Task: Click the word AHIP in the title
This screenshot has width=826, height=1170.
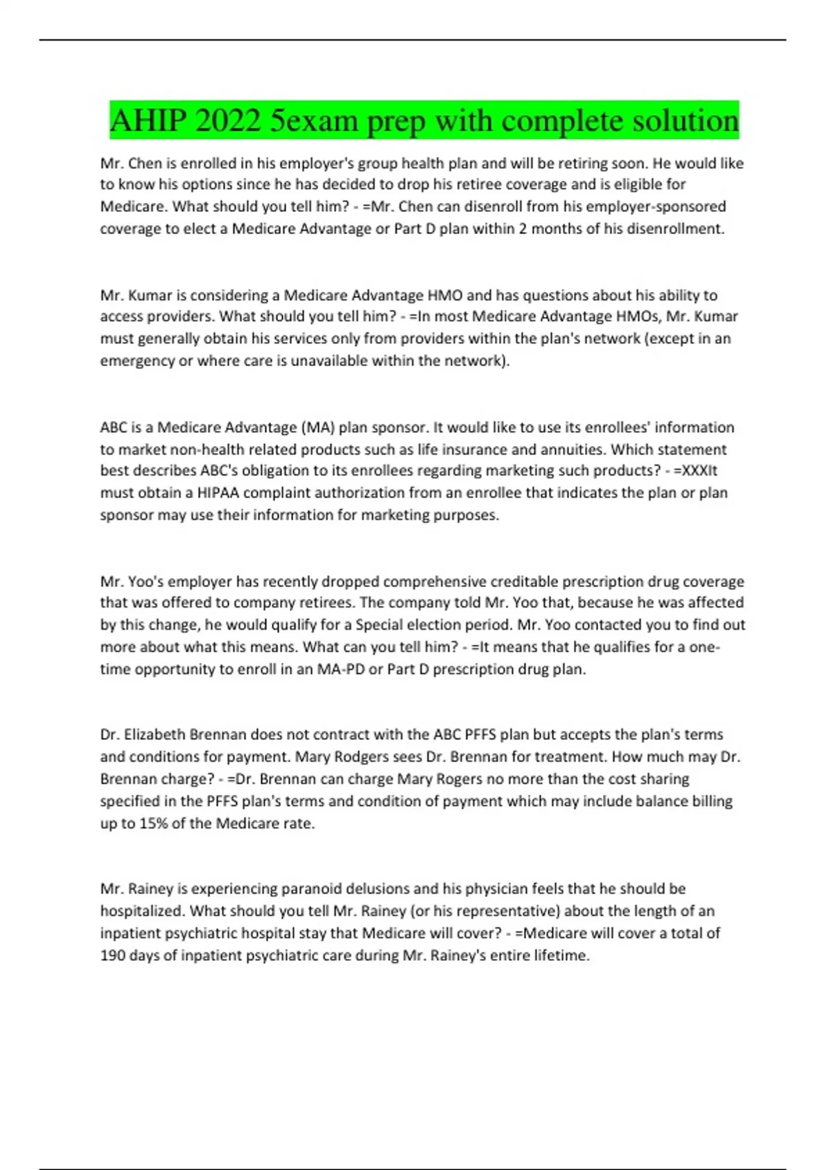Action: click(147, 121)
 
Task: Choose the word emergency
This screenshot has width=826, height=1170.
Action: click(137, 361)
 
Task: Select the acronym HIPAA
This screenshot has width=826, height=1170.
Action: click(218, 493)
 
